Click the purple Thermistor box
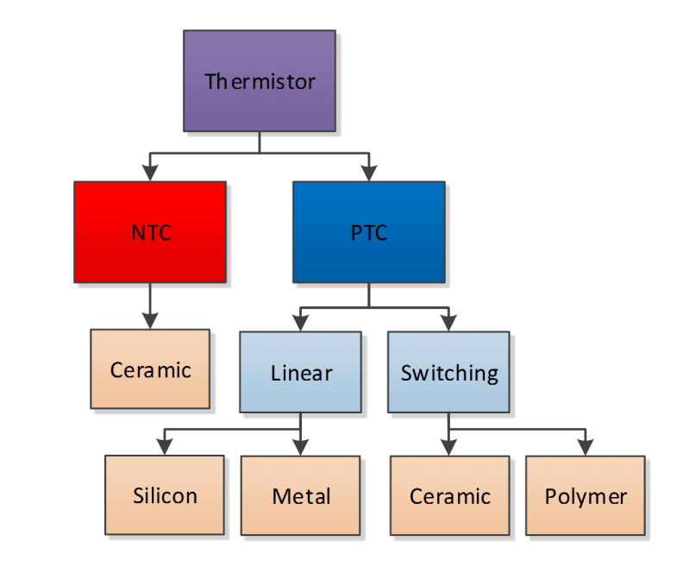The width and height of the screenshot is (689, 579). click(x=259, y=81)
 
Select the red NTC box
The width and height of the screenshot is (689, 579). click(x=150, y=232)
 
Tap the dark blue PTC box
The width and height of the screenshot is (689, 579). click(x=368, y=232)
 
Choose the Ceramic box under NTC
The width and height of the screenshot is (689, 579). click(x=150, y=369)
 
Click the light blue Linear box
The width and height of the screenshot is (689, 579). click(x=300, y=372)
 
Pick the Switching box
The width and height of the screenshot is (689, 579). click(x=448, y=372)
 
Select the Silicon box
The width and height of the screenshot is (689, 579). click(x=165, y=495)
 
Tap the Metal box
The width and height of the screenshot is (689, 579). click(x=300, y=495)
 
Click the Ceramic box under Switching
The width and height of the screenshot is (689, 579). click(x=449, y=495)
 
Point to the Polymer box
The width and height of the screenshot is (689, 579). click(x=586, y=495)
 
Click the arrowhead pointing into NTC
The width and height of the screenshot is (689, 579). click(x=150, y=173)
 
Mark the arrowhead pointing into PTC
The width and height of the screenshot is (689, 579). click(x=368, y=173)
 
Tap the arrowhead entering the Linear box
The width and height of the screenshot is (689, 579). click(x=300, y=324)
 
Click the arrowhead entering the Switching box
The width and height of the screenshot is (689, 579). click(x=448, y=324)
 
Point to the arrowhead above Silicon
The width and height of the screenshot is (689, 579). click(x=165, y=447)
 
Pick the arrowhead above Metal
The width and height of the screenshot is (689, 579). click(x=300, y=447)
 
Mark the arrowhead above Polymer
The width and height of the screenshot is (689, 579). click(x=586, y=447)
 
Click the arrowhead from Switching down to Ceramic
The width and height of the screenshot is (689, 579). click(x=448, y=447)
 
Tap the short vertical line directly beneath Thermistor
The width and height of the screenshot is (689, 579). click(x=259, y=142)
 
